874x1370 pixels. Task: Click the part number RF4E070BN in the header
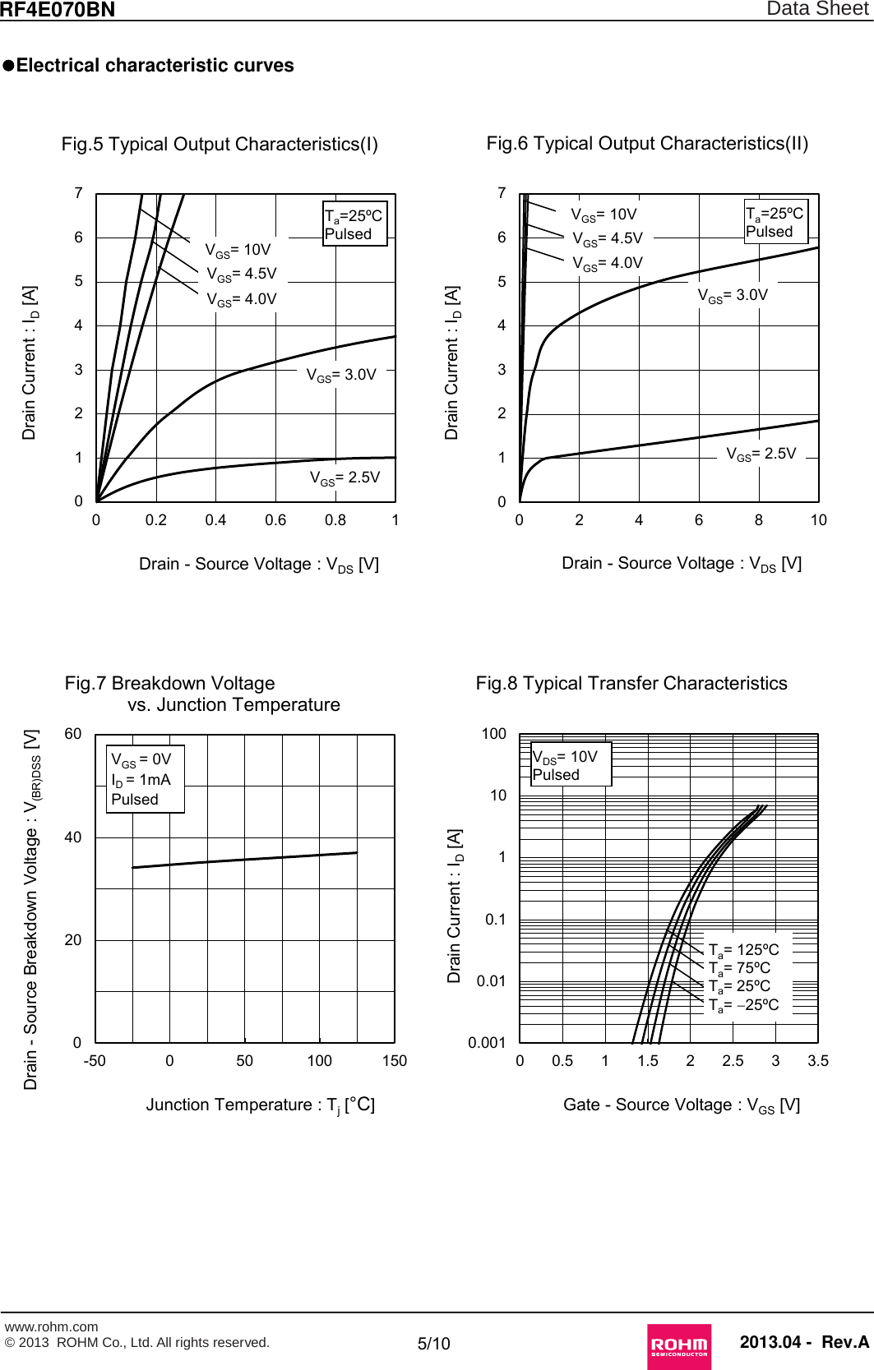coord(58,10)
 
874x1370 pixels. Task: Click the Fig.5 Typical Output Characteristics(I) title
coord(220,145)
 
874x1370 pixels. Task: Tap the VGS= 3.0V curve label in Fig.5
coord(341,376)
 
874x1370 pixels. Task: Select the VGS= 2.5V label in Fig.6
coord(761,454)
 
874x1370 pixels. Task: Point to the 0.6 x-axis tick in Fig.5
coord(275,520)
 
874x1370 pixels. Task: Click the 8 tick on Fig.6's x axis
coord(758,520)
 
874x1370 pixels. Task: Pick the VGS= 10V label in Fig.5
coord(238,250)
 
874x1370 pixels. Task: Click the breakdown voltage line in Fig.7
coord(245,860)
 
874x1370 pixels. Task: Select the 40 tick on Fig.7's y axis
coord(73,837)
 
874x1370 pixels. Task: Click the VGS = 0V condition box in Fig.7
coord(145,779)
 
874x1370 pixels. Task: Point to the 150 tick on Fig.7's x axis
coord(395,1061)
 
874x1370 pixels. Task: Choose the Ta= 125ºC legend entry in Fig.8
coord(744,950)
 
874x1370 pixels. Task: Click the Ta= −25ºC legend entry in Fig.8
coord(744,1005)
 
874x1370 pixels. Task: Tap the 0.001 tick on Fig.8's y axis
coord(487,1043)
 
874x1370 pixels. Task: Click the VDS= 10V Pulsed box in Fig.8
coord(570,765)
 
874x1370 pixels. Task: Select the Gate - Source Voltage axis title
coord(681,1105)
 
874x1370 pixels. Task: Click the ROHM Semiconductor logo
coord(678,1345)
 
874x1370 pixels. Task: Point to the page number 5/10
coord(434,1344)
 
